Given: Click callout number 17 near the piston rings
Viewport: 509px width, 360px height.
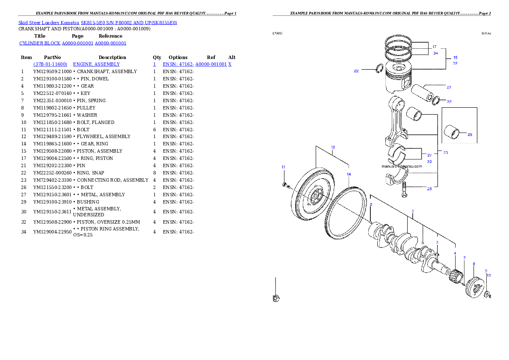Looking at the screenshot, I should pos(434,47).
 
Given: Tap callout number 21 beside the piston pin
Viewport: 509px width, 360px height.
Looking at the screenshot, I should pos(449,87).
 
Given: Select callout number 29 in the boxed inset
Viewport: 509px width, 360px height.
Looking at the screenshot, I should pos(470,135).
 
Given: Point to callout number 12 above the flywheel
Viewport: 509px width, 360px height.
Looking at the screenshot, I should pos(333,147).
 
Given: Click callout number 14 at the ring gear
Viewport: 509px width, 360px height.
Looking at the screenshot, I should pos(349,174).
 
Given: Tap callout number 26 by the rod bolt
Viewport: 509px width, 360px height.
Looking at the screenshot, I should pos(429,189).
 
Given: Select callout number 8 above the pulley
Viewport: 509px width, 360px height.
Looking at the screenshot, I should pos(473,264).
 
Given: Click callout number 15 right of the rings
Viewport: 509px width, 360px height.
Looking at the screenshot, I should pos(455,57).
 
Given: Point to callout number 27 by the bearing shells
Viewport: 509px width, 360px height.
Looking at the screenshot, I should pos(429,155).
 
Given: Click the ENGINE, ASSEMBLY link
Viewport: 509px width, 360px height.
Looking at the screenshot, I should pos(96,64).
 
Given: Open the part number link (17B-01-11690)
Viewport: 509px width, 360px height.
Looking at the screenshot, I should pos(50,64).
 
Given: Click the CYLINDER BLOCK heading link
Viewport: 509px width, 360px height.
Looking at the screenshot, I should pos(73,43).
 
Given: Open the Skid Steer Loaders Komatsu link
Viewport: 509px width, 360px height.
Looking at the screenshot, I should pos(98,22).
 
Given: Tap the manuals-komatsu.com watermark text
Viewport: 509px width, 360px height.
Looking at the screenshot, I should pos(402,166).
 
